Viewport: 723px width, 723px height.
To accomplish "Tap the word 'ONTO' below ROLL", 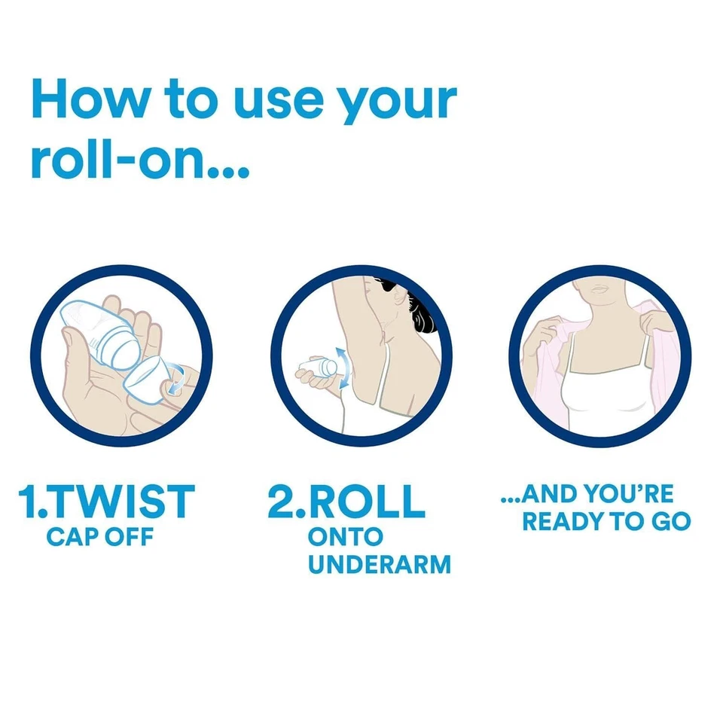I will [x=346, y=537].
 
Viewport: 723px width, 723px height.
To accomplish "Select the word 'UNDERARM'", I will [x=380, y=565].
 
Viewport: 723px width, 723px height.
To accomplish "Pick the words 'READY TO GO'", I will [x=606, y=521].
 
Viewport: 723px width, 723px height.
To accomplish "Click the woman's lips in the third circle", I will [x=598, y=289].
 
